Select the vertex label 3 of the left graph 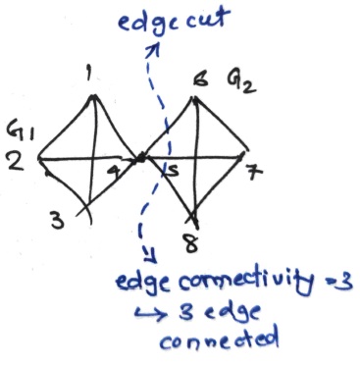57,223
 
